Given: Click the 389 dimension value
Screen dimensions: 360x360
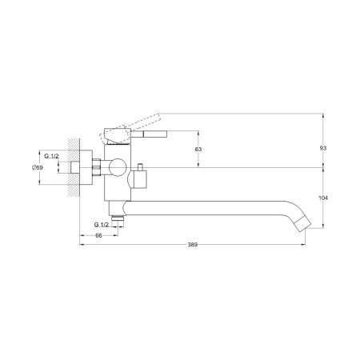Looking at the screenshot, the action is coord(192,245).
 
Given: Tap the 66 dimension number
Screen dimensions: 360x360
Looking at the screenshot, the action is coord(98,235).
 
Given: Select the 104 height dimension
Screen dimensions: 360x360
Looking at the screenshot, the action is coord(323,198).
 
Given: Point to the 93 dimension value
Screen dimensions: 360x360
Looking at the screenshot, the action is coord(323,148).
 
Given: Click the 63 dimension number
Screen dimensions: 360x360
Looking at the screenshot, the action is coord(198,150).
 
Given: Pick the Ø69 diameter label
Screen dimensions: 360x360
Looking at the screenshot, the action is coord(38,167).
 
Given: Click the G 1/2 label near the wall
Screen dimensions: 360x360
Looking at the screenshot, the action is coord(51,156).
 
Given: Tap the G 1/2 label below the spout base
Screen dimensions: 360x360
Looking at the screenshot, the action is coord(102,225).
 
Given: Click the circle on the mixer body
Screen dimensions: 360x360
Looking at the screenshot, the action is coord(118,167).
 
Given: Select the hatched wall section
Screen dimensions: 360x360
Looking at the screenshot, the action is coord(74,167).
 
